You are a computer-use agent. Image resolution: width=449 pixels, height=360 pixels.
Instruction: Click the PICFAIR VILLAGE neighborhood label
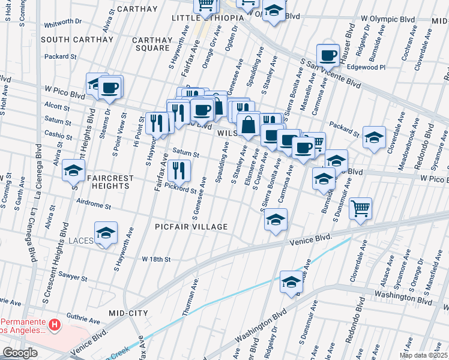[190, 227]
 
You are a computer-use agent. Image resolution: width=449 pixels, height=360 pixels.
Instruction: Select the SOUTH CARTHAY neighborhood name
[77, 40]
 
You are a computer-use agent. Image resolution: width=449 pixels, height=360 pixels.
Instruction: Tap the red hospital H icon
[54, 326]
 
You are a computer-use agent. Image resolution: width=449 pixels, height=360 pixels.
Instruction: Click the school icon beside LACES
[106, 233]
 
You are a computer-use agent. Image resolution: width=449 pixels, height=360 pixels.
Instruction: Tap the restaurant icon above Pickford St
[178, 171]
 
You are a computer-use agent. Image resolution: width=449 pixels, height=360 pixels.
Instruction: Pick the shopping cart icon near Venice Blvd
[360, 209]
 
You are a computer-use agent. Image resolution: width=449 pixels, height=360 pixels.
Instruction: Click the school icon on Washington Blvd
[291, 282]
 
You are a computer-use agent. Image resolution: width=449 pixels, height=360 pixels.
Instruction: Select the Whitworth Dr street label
[62, 21]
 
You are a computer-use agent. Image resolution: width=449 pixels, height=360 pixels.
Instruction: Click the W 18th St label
[156, 259]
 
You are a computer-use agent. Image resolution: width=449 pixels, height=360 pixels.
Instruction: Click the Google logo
[20, 353]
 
